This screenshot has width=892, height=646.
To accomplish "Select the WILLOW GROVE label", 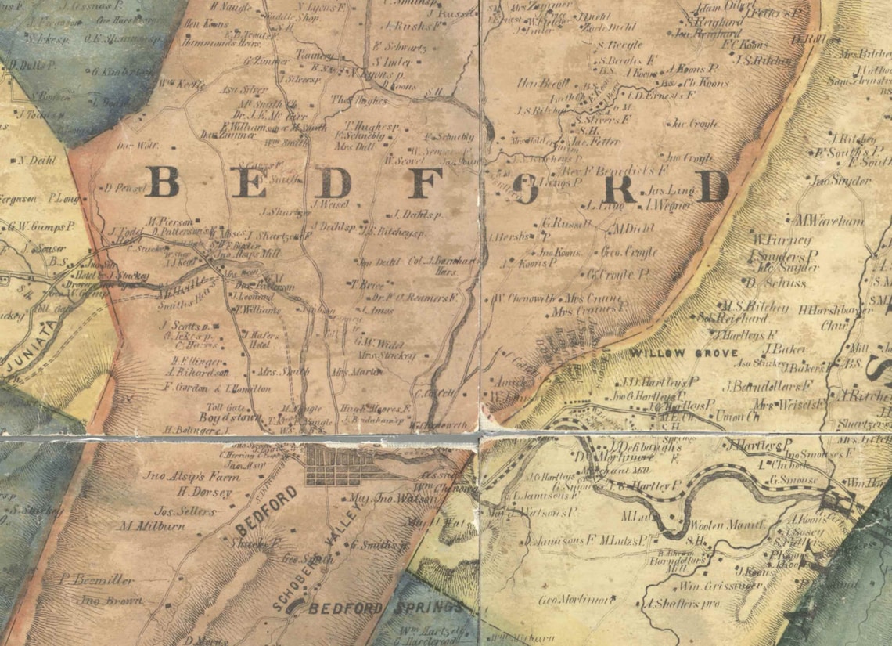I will click(684, 354).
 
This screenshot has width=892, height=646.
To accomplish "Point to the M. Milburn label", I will click(152, 526).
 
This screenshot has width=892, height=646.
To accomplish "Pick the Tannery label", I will click(313, 56).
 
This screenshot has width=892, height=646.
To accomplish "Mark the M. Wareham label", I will click(829, 221).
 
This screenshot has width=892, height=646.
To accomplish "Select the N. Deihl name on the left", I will click(34, 161).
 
